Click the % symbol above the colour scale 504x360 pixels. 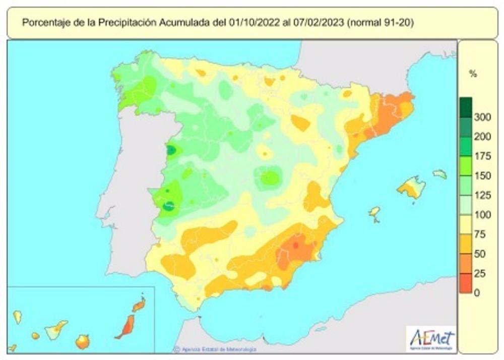(472, 74)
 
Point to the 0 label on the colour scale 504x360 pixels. (477, 292)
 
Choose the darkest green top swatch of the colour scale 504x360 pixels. (466, 107)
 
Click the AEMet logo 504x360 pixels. (432, 339)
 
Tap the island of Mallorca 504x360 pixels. (411, 187)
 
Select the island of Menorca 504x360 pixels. (439, 174)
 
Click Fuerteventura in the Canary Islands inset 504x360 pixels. (124, 327)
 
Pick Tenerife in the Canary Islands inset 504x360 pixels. (55, 330)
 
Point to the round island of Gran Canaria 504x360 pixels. (82, 342)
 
